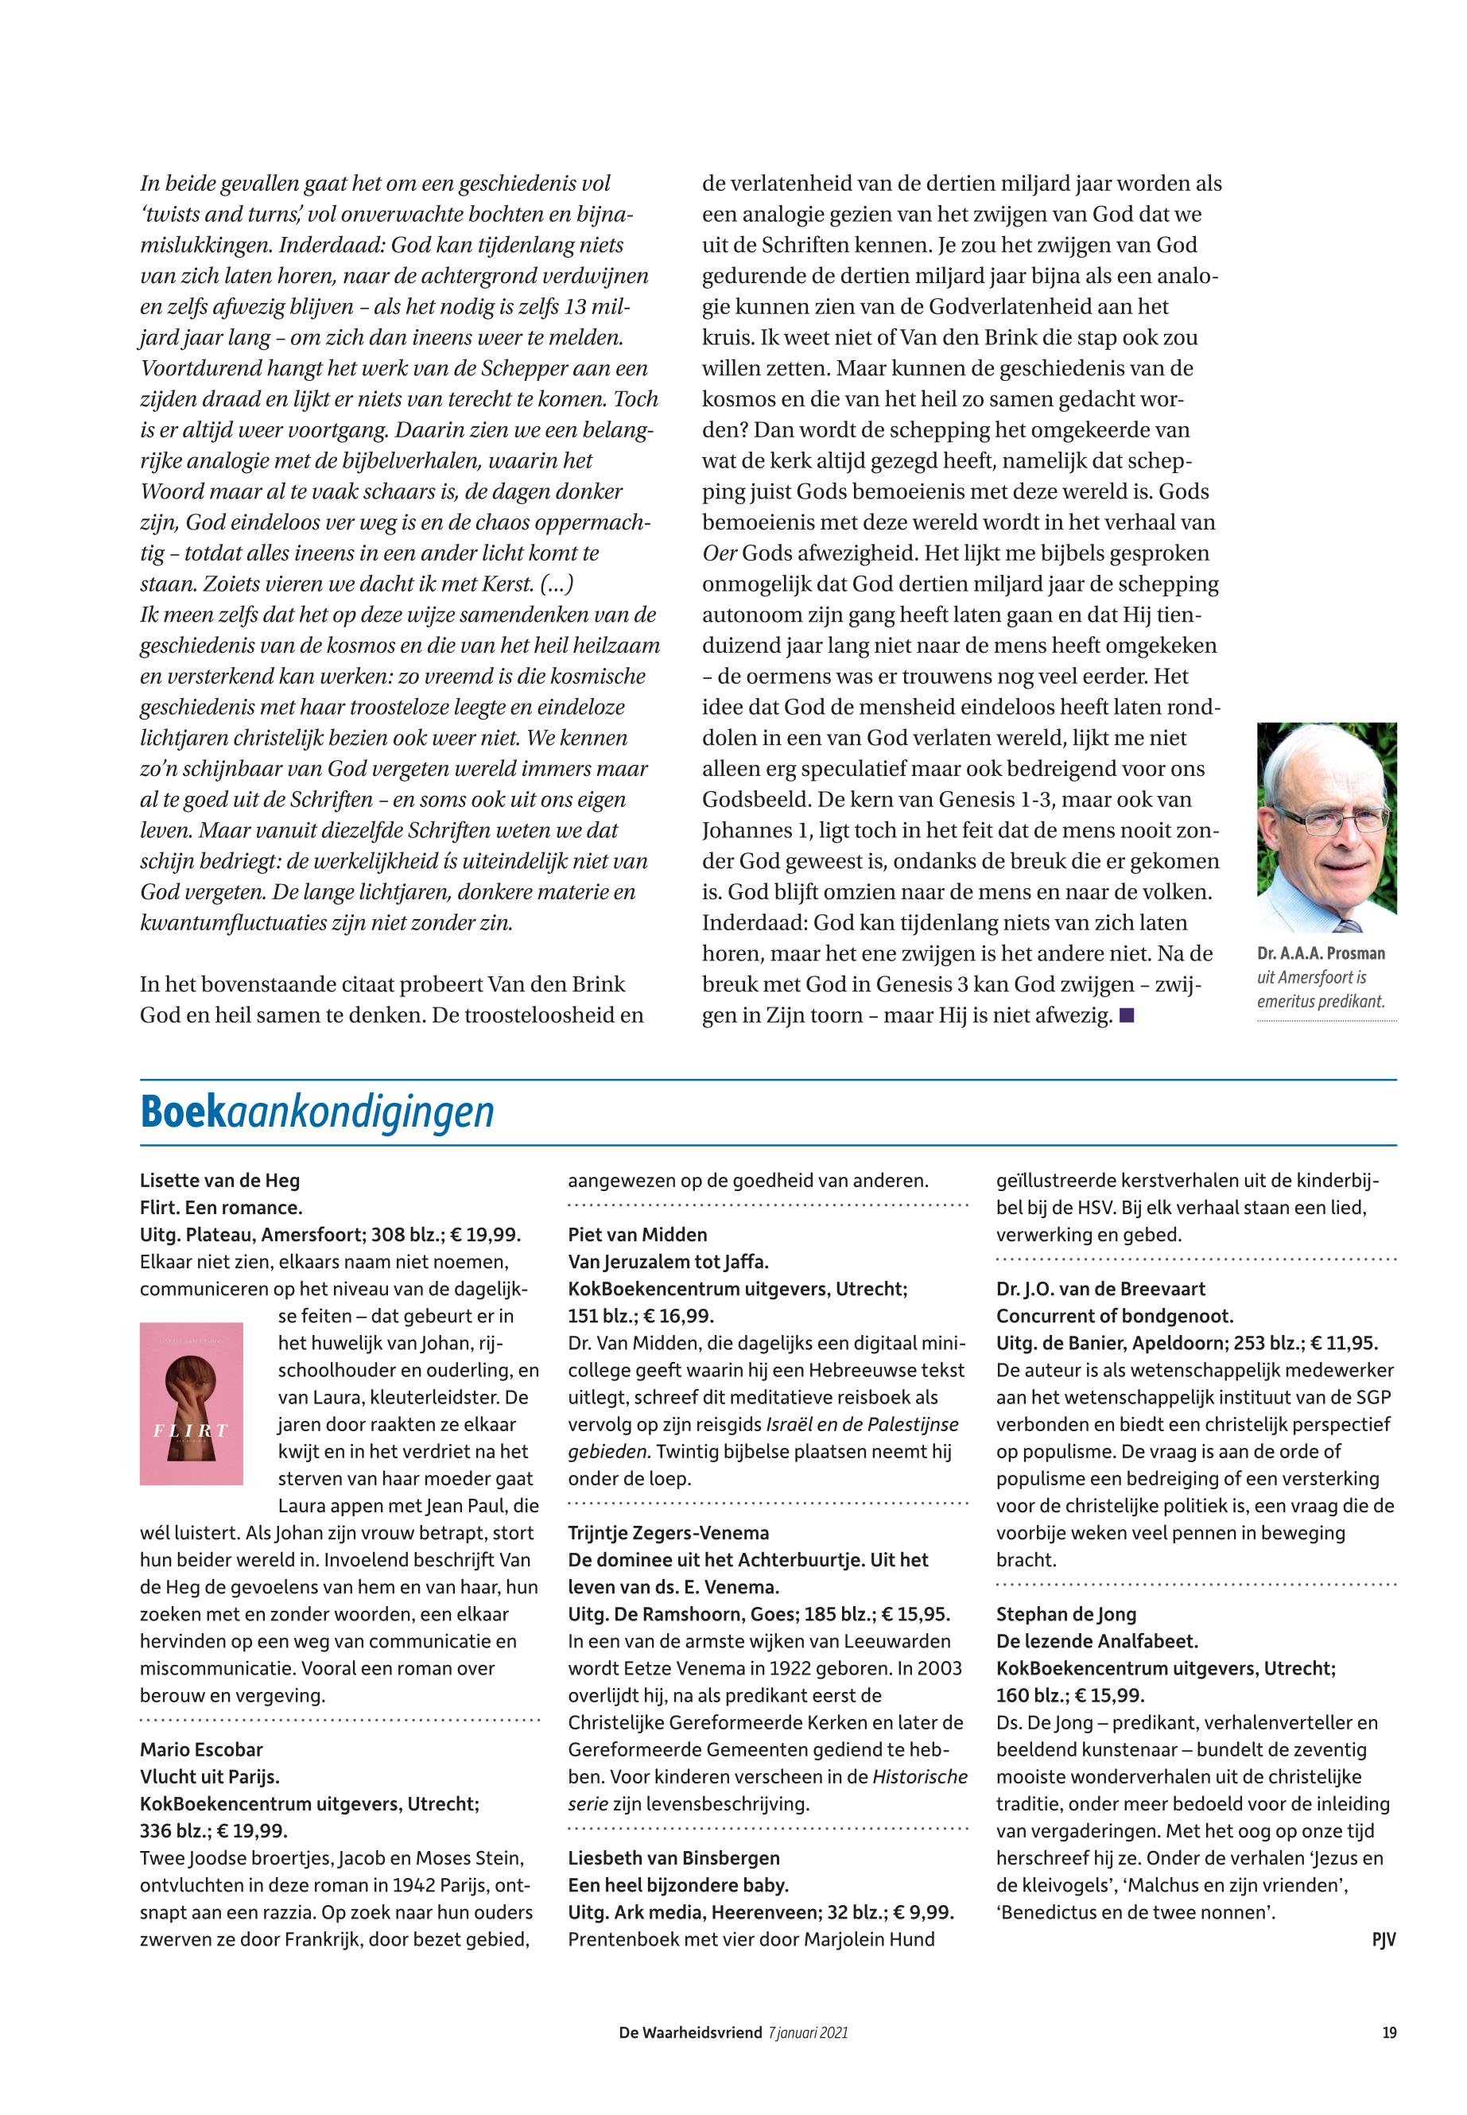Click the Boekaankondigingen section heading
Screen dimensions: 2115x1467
(317, 1113)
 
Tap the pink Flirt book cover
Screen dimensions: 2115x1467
(191, 1403)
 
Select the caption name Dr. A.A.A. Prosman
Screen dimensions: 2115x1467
(1321, 953)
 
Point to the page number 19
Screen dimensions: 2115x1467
(1389, 2032)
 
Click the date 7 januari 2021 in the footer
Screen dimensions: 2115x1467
(807, 2032)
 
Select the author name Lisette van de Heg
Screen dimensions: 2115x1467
(219, 1180)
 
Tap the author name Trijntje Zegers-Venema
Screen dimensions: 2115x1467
(668, 1533)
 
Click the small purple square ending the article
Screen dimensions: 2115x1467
(1127, 1015)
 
